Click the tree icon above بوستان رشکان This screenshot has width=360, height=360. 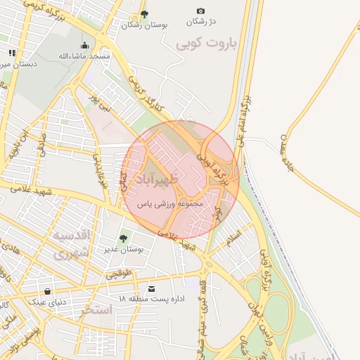[x=145, y=13]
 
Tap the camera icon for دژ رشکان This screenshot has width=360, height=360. [x=200, y=11]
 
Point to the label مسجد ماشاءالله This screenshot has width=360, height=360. [x=84, y=56]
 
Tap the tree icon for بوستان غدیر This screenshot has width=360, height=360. [x=124, y=238]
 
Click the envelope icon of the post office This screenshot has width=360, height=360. [x=151, y=288]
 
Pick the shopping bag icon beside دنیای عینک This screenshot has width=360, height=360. [x=47, y=290]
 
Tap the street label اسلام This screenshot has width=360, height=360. [x=234, y=237]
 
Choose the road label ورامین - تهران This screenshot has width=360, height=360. [x=266, y=329]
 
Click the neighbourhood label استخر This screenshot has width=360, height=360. [x=97, y=309]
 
